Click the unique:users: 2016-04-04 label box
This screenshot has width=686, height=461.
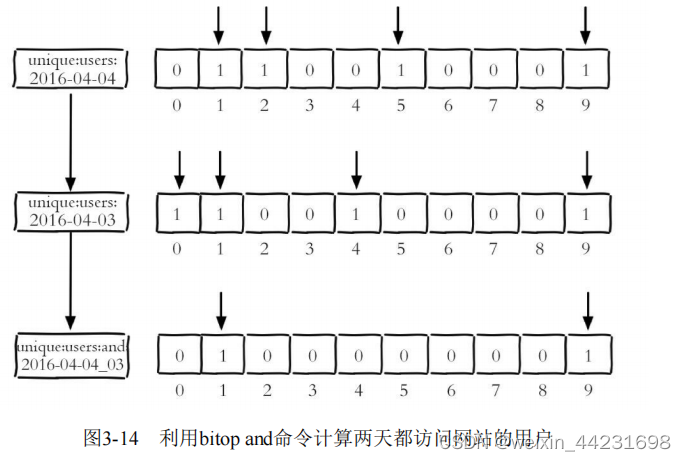(71, 68)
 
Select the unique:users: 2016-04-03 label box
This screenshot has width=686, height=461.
(71, 212)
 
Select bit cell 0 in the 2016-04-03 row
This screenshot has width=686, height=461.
(177, 212)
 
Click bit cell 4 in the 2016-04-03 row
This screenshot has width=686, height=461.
(355, 212)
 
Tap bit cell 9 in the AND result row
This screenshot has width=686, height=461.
(587, 355)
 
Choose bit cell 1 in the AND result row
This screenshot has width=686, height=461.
(221, 355)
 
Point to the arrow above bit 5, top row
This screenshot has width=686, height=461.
(399, 25)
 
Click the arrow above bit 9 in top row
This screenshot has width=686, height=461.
(587, 25)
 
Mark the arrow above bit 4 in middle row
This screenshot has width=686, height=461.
(355, 168)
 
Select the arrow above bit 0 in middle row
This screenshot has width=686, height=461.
(177, 168)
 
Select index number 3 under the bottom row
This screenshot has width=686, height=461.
(311, 391)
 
